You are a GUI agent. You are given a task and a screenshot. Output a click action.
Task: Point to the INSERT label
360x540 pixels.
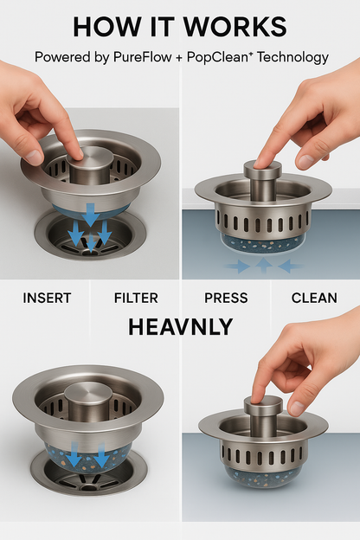48,298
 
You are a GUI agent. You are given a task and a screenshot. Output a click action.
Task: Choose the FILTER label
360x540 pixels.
136,298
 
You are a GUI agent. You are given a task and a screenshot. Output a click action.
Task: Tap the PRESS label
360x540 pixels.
225,298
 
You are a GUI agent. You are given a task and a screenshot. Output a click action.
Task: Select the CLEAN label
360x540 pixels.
314,298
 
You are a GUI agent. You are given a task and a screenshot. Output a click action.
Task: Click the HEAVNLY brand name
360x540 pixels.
180,327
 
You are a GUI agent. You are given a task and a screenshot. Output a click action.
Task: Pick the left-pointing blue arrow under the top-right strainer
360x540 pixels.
290,267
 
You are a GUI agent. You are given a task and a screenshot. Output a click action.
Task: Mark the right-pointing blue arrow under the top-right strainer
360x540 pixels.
237,267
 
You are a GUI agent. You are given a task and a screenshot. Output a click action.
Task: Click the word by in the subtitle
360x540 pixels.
100,58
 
